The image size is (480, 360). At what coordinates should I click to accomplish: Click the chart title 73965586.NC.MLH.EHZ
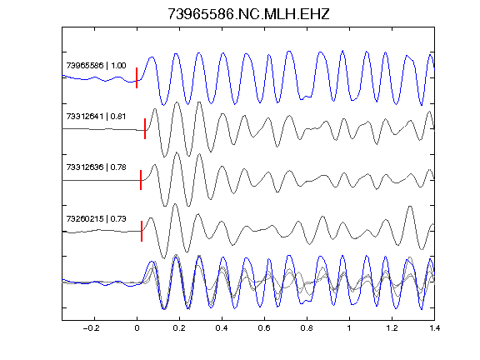pos(248,14)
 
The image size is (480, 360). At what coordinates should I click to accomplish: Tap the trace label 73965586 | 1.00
pos(96,66)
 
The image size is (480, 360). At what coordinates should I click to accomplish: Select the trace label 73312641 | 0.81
pos(96,117)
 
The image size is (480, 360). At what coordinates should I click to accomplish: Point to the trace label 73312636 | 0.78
pos(96,167)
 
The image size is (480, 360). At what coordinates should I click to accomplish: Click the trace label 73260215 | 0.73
pos(96,218)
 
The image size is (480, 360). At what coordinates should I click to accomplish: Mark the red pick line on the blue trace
pos(137,77)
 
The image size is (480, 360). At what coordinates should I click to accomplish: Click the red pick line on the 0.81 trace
pos(145,128)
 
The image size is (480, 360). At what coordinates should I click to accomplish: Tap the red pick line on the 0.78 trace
pos(141,180)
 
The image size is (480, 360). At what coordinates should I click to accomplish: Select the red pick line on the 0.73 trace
pos(142,231)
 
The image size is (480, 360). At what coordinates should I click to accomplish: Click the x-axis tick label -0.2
pos(92,328)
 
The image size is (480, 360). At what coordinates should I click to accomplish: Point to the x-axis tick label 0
pos(137,328)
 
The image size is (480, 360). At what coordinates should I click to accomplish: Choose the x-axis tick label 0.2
pos(179,328)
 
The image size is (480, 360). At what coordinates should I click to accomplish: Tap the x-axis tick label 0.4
pos(222,328)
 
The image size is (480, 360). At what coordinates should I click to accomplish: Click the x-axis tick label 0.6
pos(264,328)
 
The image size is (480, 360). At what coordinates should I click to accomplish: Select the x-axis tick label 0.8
pos(307,328)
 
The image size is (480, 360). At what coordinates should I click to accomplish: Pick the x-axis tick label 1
pos(349,328)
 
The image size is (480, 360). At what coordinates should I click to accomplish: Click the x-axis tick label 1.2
pos(392,328)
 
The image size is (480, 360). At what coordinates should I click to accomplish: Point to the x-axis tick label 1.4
pos(434,328)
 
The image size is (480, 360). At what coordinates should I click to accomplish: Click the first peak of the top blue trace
pos(151,57)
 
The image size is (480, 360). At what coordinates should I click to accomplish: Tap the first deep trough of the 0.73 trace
pos(164,257)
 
